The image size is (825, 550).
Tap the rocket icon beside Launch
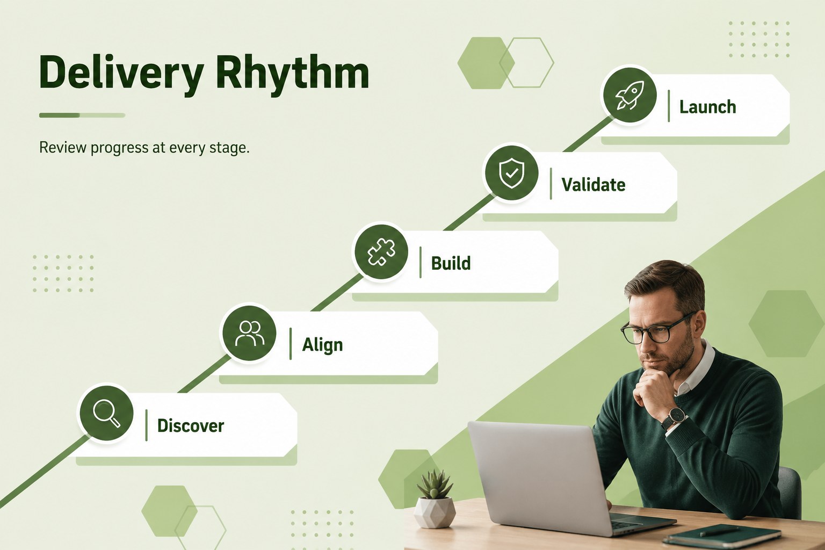(x=630, y=95)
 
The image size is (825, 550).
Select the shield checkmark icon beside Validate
(x=511, y=173)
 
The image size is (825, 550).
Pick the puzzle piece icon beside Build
(x=381, y=252)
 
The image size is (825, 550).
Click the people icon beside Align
(x=249, y=333)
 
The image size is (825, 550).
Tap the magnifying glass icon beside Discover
(x=106, y=414)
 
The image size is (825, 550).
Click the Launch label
(x=707, y=107)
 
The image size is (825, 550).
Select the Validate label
(x=594, y=185)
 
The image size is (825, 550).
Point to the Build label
(x=451, y=263)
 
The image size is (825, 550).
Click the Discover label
(x=191, y=426)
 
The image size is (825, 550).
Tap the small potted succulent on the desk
(x=435, y=498)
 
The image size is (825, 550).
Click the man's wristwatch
(x=675, y=418)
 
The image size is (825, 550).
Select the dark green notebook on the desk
(x=722, y=537)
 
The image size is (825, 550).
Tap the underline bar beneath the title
(x=82, y=115)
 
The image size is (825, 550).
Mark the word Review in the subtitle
(x=63, y=147)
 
